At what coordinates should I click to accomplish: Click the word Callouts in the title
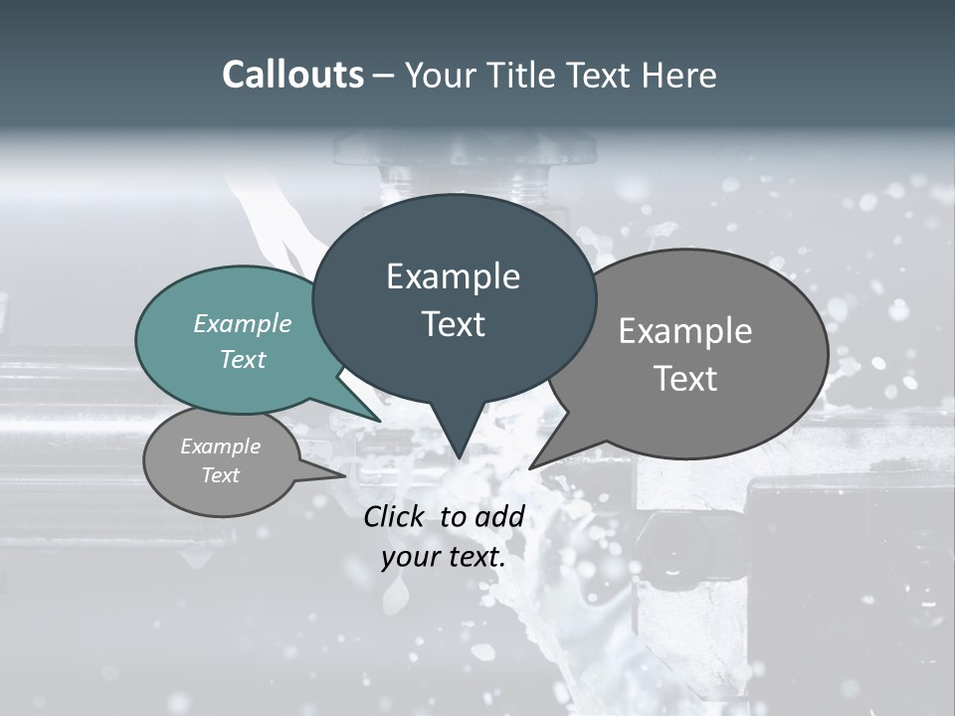coord(292,75)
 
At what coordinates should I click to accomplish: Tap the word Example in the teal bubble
coord(243,324)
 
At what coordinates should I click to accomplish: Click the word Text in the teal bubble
coord(243,359)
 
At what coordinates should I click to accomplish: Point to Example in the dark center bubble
coord(453,276)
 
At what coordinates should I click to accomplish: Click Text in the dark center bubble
coord(453,324)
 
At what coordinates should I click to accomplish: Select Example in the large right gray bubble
coord(684,331)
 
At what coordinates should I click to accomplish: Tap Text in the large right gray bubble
coord(684,379)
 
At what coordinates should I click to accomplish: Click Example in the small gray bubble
coord(220,447)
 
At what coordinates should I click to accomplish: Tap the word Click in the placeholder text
coord(396,516)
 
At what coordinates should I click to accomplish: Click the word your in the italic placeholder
coord(411,558)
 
